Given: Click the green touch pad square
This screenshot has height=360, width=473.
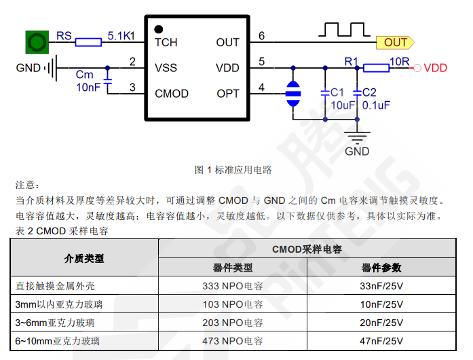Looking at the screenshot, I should (x=37, y=42).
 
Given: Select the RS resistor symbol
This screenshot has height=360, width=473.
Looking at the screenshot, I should (x=88, y=43).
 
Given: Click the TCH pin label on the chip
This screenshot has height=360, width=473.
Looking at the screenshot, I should (x=166, y=43).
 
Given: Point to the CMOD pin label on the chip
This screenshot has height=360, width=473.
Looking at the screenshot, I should (x=172, y=94).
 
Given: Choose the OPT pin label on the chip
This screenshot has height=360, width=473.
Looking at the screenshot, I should (x=228, y=94).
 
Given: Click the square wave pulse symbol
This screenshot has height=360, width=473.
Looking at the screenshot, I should (x=342, y=29).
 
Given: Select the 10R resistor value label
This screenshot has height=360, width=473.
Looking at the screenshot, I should (x=399, y=61).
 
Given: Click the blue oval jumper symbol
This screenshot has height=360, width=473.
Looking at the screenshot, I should (x=293, y=94).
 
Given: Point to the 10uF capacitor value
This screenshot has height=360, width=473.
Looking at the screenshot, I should (x=343, y=105).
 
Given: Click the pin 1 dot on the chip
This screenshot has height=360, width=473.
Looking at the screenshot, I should (x=158, y=29).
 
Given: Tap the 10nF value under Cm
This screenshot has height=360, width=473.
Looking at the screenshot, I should (x=88, y=88).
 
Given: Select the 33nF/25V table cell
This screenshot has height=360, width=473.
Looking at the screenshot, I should (x=381, y=286).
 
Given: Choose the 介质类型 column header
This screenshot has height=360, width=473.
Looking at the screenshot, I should (x=84, y=258).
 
